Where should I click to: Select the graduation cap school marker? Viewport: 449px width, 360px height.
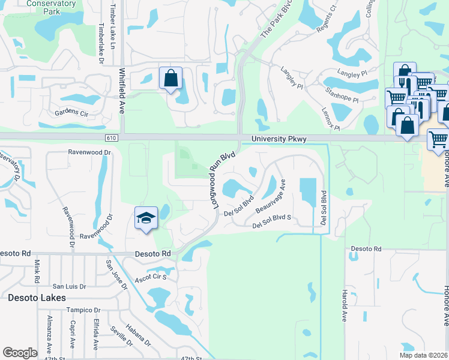(146, 219)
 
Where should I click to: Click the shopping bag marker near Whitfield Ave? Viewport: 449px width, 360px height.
(171, 79)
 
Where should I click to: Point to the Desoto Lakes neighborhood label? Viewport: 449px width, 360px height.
(37, 298)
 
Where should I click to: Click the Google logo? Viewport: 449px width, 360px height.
(20, 353)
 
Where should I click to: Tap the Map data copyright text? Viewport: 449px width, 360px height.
(424, 355)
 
